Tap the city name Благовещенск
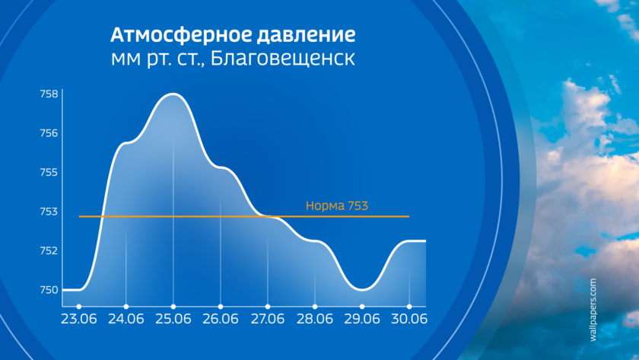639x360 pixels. (x=283, y=59)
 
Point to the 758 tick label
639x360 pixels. (x=49, y=94)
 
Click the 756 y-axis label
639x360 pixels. (x=49, y=133)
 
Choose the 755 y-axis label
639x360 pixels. (x=49, y=172)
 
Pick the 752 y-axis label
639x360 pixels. (x=49, y=250)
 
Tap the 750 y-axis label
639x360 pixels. (x=49, y=290)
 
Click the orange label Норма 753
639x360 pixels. (x=336, y=205)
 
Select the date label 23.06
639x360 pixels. (x=79, y=319)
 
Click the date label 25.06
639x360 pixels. (x=173, y=319)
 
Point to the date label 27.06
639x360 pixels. (x=267, y=319)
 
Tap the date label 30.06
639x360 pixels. (x=409, y=319)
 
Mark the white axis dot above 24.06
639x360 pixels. (x=126, y=307)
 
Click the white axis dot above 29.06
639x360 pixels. (x=362, y=307)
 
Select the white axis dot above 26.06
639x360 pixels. (x=221, y=307)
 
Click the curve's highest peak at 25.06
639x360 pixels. (x=173, y=94)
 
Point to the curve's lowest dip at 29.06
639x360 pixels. (x=362, y=290)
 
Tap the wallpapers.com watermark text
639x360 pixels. (x=593, y=310)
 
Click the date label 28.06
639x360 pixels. (x=315, y=319)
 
